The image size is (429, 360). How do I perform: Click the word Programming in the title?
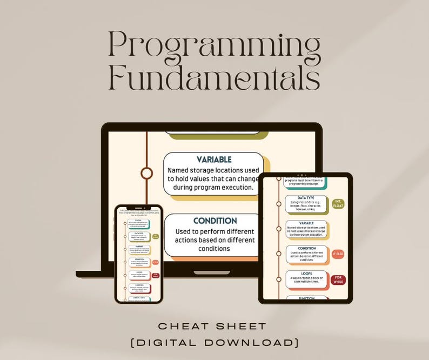coord(214,46)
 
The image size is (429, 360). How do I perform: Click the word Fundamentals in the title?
coord(214,78)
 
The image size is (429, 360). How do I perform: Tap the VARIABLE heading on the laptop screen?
coord(214,159)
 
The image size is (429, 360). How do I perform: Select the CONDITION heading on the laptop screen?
coord(215,221)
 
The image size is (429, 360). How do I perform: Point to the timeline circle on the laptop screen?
coord(146,173)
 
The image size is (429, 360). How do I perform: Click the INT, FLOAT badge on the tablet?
coord(339,203)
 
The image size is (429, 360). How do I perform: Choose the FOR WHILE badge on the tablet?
coord(339,279)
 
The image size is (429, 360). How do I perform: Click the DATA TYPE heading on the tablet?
coord(306,198)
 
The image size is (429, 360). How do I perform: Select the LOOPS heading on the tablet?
coord(306,274)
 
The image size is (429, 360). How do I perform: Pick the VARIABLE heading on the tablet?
coord(306,223)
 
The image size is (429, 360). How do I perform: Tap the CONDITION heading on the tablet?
coord(306,248)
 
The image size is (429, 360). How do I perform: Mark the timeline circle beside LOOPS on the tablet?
coord(279,279)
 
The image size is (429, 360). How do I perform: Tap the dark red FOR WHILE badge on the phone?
coord(155,275)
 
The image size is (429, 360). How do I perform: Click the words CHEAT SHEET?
coord(215,326)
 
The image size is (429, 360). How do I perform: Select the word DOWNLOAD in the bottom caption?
coord(254,342)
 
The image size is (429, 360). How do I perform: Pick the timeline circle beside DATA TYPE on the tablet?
coord(279,203)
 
